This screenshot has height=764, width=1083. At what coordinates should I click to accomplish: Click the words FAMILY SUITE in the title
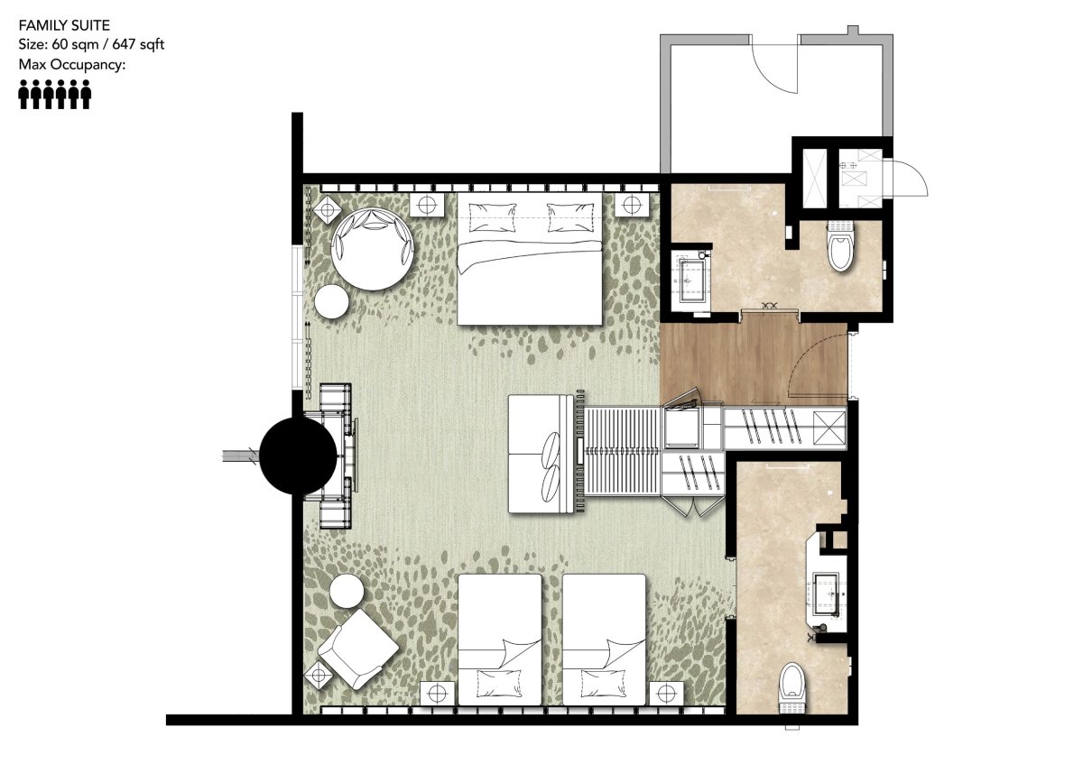click(64, 25)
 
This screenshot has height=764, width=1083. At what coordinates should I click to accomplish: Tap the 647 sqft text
click(138, 44)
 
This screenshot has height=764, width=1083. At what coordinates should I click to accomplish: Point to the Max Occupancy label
click(72, 64)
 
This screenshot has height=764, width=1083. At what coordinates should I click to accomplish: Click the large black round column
click(298, 456)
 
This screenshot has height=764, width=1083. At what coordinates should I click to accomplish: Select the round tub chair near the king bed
click(372, 249)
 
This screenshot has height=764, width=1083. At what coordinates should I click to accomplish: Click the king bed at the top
click(530, 259)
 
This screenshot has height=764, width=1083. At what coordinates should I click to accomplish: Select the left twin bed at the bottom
click(499, 640)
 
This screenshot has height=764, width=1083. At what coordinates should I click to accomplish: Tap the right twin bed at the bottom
click(605, 640)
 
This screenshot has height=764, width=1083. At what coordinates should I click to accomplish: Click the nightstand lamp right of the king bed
click(632, 205)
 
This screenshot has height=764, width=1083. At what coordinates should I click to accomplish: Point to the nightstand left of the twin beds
click(437, 694)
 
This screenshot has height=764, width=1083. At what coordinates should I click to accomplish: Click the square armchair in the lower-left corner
click(358, 649)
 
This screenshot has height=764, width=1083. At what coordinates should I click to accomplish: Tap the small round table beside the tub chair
click(332, 301)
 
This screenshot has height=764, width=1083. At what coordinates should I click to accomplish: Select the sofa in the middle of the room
click(541, 454)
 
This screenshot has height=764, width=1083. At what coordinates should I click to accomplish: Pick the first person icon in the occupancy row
click(23, 94)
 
